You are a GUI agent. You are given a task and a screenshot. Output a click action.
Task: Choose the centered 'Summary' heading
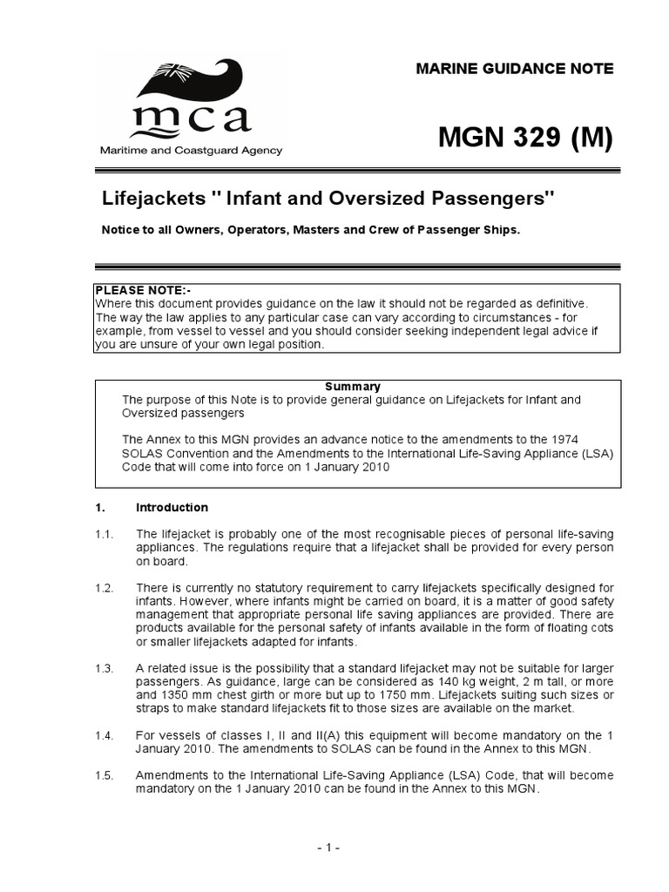coord(353,387)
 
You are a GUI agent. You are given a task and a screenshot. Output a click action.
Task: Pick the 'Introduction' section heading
coord(172,508)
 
